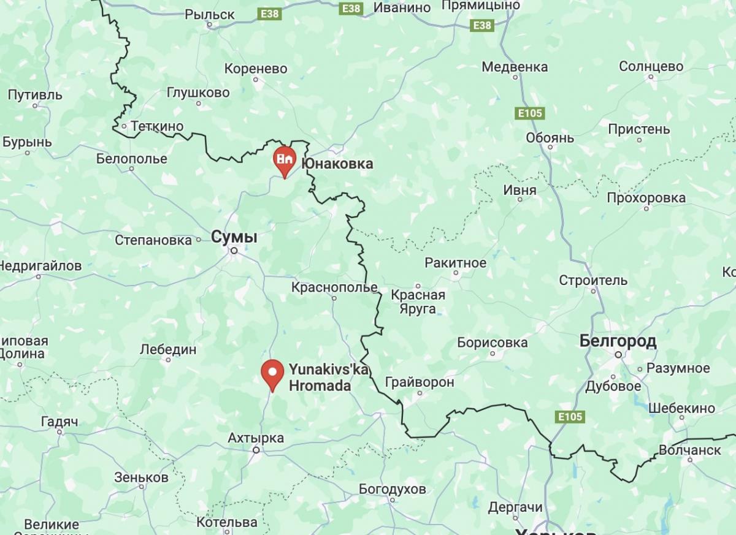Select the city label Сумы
[x=234, y=237]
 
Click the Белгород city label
[x=618, y=341]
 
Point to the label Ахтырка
[x=256, y=438]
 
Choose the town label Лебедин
[x=168, y=349]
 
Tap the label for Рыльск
[x=210, y=14]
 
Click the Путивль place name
[x=36, y=95]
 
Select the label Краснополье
[x=334, y=287]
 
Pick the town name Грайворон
[x=420, y=382]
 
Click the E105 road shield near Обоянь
[x=530, y=113]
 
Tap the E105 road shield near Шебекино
[x=570, y=417]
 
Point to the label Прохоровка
[x=646, y=198]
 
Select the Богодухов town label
[x=393, y=489]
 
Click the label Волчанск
[x=689, y=450]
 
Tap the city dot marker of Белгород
[x=619, y=354]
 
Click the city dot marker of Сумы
[x=234, y=251]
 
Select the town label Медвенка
[x=515, y=67]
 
